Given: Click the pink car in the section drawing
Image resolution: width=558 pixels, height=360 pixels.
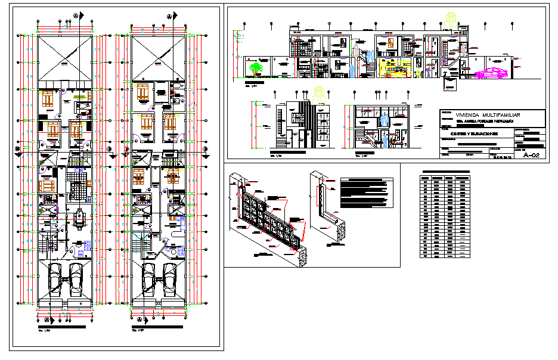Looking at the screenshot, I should [493, 73].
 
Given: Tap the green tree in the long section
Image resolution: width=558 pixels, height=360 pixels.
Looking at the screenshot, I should [258, 68].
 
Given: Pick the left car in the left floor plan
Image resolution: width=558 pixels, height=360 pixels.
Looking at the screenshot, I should [53, 278].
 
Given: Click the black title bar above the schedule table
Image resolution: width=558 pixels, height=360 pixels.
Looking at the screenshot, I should [444, 172].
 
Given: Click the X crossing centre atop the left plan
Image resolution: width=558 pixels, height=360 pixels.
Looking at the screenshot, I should [64, 58].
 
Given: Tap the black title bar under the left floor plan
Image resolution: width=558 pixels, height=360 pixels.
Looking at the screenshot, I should [63, 328].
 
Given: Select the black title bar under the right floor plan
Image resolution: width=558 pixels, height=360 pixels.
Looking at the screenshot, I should [156, 328].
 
